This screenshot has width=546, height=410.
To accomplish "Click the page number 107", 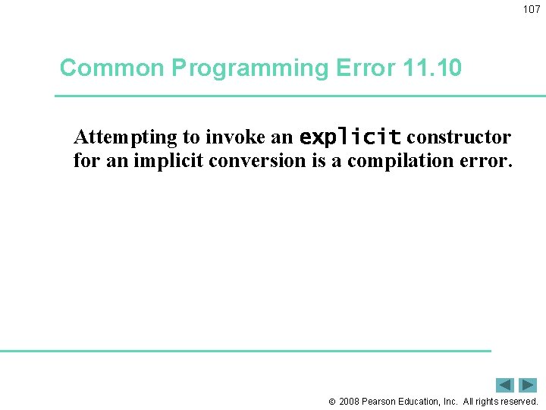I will pos(532,9).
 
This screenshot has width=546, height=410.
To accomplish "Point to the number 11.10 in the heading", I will pos(433,68).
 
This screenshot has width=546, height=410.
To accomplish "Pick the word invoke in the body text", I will pos(231,137).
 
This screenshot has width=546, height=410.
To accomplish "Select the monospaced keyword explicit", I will pos(350,138).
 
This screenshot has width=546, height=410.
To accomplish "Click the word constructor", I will pos(459,137).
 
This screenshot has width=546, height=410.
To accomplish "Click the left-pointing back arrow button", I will pos(505,385).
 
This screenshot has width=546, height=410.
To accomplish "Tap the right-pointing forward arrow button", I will pos(529,385).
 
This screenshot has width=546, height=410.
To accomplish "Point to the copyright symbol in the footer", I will pos(331,402).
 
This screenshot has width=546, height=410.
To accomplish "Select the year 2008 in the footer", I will pos(350,402).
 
